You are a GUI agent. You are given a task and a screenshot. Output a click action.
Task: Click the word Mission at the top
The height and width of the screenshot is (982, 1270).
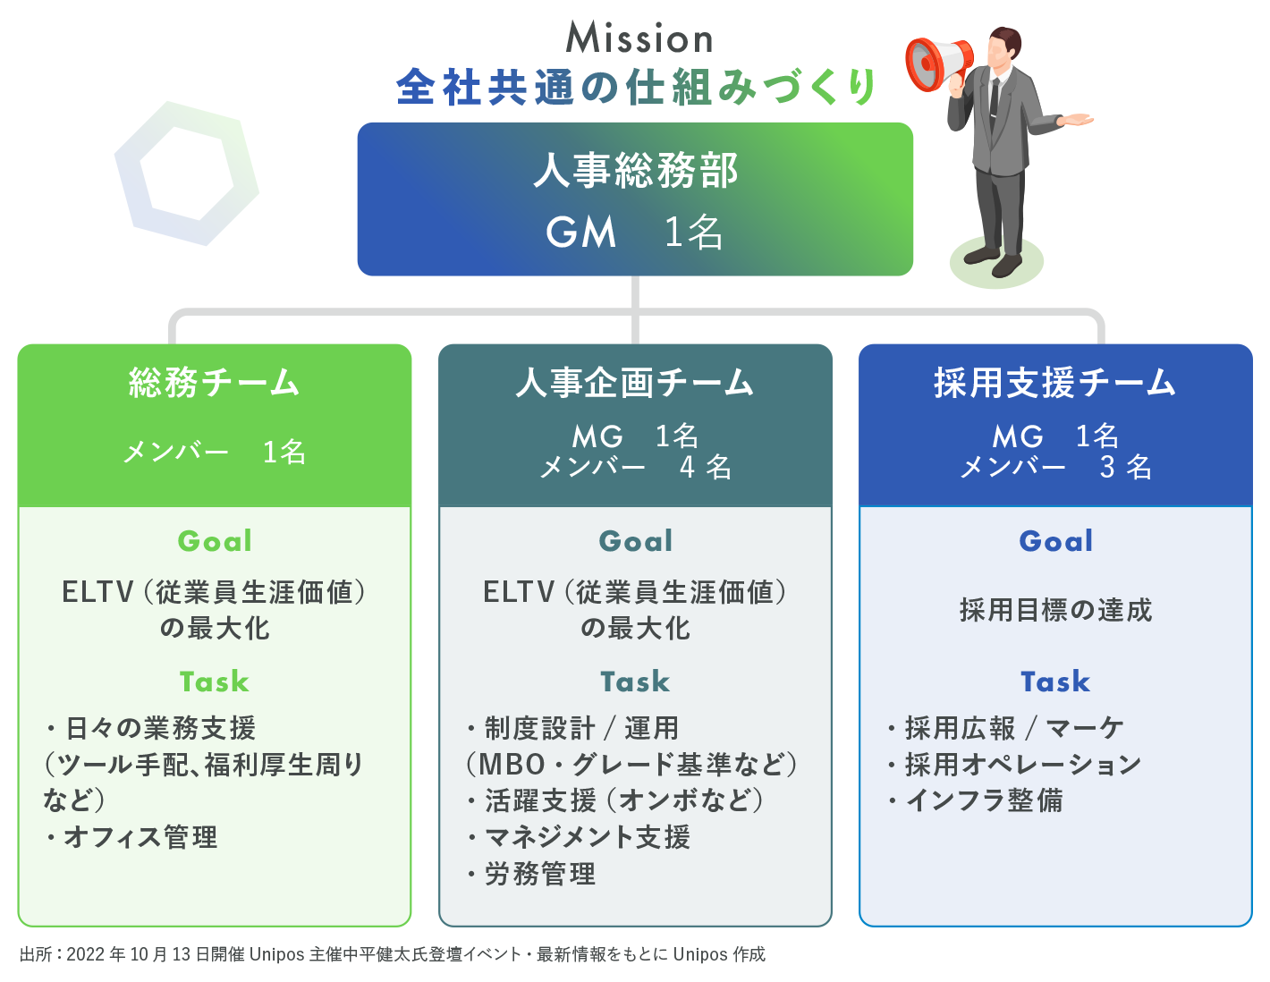point(639,38)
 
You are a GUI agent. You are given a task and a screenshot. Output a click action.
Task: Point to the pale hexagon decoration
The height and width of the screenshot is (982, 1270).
point(186,174)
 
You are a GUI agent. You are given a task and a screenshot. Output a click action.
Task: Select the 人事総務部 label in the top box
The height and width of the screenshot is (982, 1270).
point(635,170)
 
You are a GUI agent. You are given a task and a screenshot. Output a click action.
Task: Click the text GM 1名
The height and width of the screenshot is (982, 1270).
point(634,233)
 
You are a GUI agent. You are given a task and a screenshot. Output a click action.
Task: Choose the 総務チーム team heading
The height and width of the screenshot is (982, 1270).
point(214,383)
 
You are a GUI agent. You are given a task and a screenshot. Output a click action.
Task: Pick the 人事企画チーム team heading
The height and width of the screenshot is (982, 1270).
point(635,383)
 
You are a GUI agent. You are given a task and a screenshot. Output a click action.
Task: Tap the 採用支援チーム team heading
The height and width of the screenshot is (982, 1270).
point(1055,383)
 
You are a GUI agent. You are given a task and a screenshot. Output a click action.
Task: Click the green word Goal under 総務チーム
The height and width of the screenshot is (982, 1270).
point(215,541)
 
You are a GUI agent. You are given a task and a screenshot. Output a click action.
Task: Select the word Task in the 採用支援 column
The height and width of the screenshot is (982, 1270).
point(1055,681)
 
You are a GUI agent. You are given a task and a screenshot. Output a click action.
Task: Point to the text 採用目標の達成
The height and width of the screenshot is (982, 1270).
point(1055,610)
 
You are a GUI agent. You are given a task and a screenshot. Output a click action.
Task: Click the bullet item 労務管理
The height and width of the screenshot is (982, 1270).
point(539,874)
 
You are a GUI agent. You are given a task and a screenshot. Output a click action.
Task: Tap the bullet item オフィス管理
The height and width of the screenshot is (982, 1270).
point(140,837)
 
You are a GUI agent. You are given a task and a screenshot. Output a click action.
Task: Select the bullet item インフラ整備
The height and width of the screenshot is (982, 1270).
point(984,800)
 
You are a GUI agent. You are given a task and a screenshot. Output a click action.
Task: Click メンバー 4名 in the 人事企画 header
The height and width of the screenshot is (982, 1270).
point(635,467)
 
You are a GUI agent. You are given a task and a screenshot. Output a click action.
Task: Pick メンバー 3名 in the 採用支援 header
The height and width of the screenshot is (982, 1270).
point(1055,467)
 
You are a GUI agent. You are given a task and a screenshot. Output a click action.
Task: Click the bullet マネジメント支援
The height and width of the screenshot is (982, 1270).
point(587,837)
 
